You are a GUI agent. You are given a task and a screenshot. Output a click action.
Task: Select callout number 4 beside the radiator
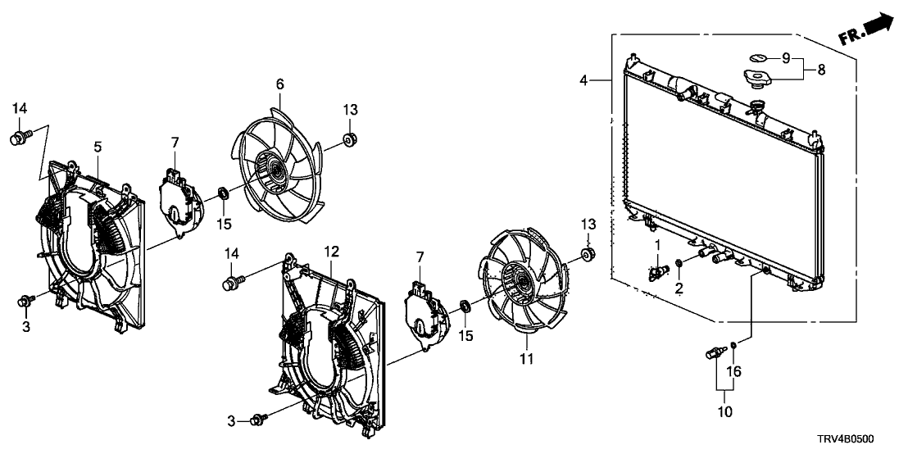[x=583, y=80]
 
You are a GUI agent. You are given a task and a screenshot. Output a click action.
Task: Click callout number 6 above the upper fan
[x=279, y=84]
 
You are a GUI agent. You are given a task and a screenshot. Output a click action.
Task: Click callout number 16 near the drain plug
[x=735, y=372]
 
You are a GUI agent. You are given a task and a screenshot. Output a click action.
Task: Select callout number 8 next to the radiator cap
[x=821, y=70]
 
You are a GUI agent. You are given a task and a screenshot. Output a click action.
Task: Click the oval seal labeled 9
[x=756, y=57]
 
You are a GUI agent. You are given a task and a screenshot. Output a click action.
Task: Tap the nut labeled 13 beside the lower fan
[x=587, y=252]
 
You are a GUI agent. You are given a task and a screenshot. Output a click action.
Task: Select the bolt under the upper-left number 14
[x=19, y=137]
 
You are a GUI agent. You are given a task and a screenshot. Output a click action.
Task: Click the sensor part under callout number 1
[x=656, y=271]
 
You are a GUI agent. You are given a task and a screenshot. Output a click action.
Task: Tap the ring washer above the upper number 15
[x=223, y=194]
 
